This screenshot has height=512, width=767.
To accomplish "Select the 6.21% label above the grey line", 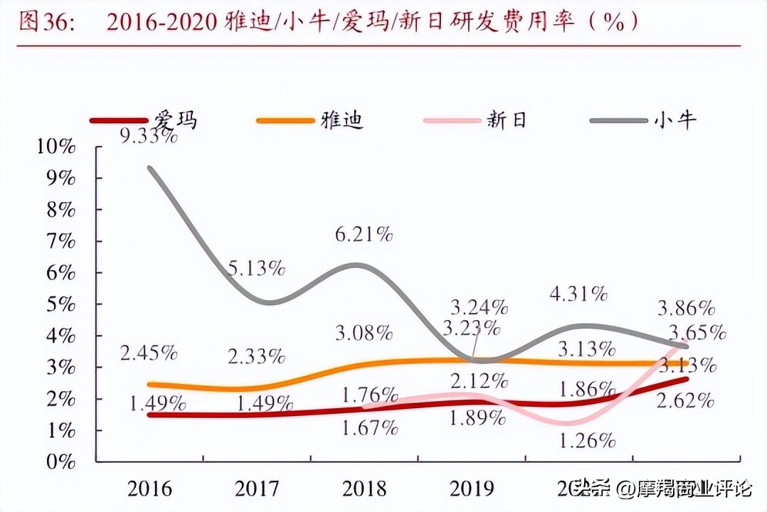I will tap(363, 234).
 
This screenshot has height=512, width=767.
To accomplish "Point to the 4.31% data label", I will tap(578, 293).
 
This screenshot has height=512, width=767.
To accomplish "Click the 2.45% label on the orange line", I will tap(149, 353).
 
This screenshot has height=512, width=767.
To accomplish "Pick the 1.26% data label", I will tap(587, 440).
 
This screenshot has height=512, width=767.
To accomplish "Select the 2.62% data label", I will tap(685, 400).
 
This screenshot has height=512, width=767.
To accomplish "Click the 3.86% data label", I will tap(686, 308).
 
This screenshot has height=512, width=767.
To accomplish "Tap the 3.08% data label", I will tap(364, 331).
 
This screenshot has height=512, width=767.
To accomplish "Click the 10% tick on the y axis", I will tap(55, 147).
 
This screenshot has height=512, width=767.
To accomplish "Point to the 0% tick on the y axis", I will tap(60, 462).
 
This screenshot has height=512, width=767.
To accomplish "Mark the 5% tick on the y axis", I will tap(60, 304).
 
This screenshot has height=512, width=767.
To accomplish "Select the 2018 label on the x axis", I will tap(364, 489).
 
